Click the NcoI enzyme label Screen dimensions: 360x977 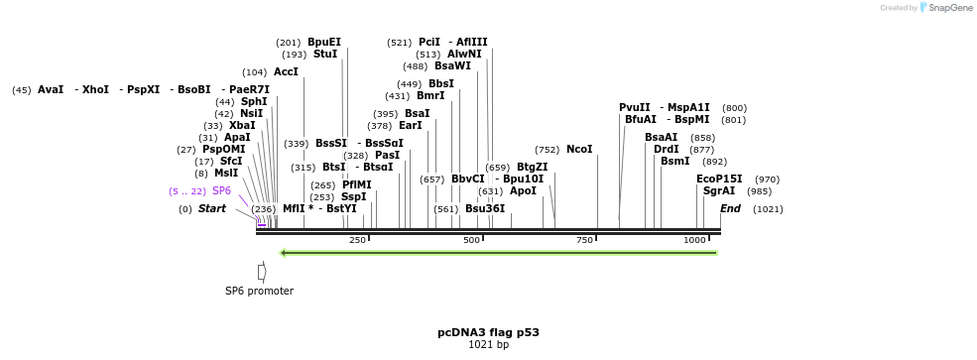pyautogui.click(x=579, y=150)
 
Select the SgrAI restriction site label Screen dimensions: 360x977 pyautogui.click(x=719, y=190)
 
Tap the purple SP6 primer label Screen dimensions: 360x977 pyautogui.click(x=221, y=190)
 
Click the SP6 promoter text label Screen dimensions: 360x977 pyautogui.click(x=259, y=291)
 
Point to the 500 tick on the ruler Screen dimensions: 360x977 pyautogui.click(x=471, y=240)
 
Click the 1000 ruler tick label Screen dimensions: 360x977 pyautogui.click(x=694, y=240)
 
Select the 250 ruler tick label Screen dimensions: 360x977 pyautogui.click(x=357, y=240)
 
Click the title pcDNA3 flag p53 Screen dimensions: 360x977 pyautogui.click(x=488, y=332)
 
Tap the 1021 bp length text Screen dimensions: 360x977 pyautogui.click(x=488, y=345)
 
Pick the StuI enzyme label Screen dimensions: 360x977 pyautogui.click(x=325, y=55)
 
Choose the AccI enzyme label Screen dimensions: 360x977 pyautogui.click(x=286, y=72)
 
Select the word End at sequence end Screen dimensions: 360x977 pyautogui.click(x=730, y=208)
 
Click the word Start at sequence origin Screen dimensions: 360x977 pyautogui.click(x=212, y=209)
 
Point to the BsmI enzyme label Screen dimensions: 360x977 pyautogui.click(x=674, y=162)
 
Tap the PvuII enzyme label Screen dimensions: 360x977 pyautogui.click(x=635, y=107)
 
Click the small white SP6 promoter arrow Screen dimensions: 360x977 pyautogui.click(x=262, y=272)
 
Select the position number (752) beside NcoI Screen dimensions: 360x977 pyautogui.click(x=547, y=150)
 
